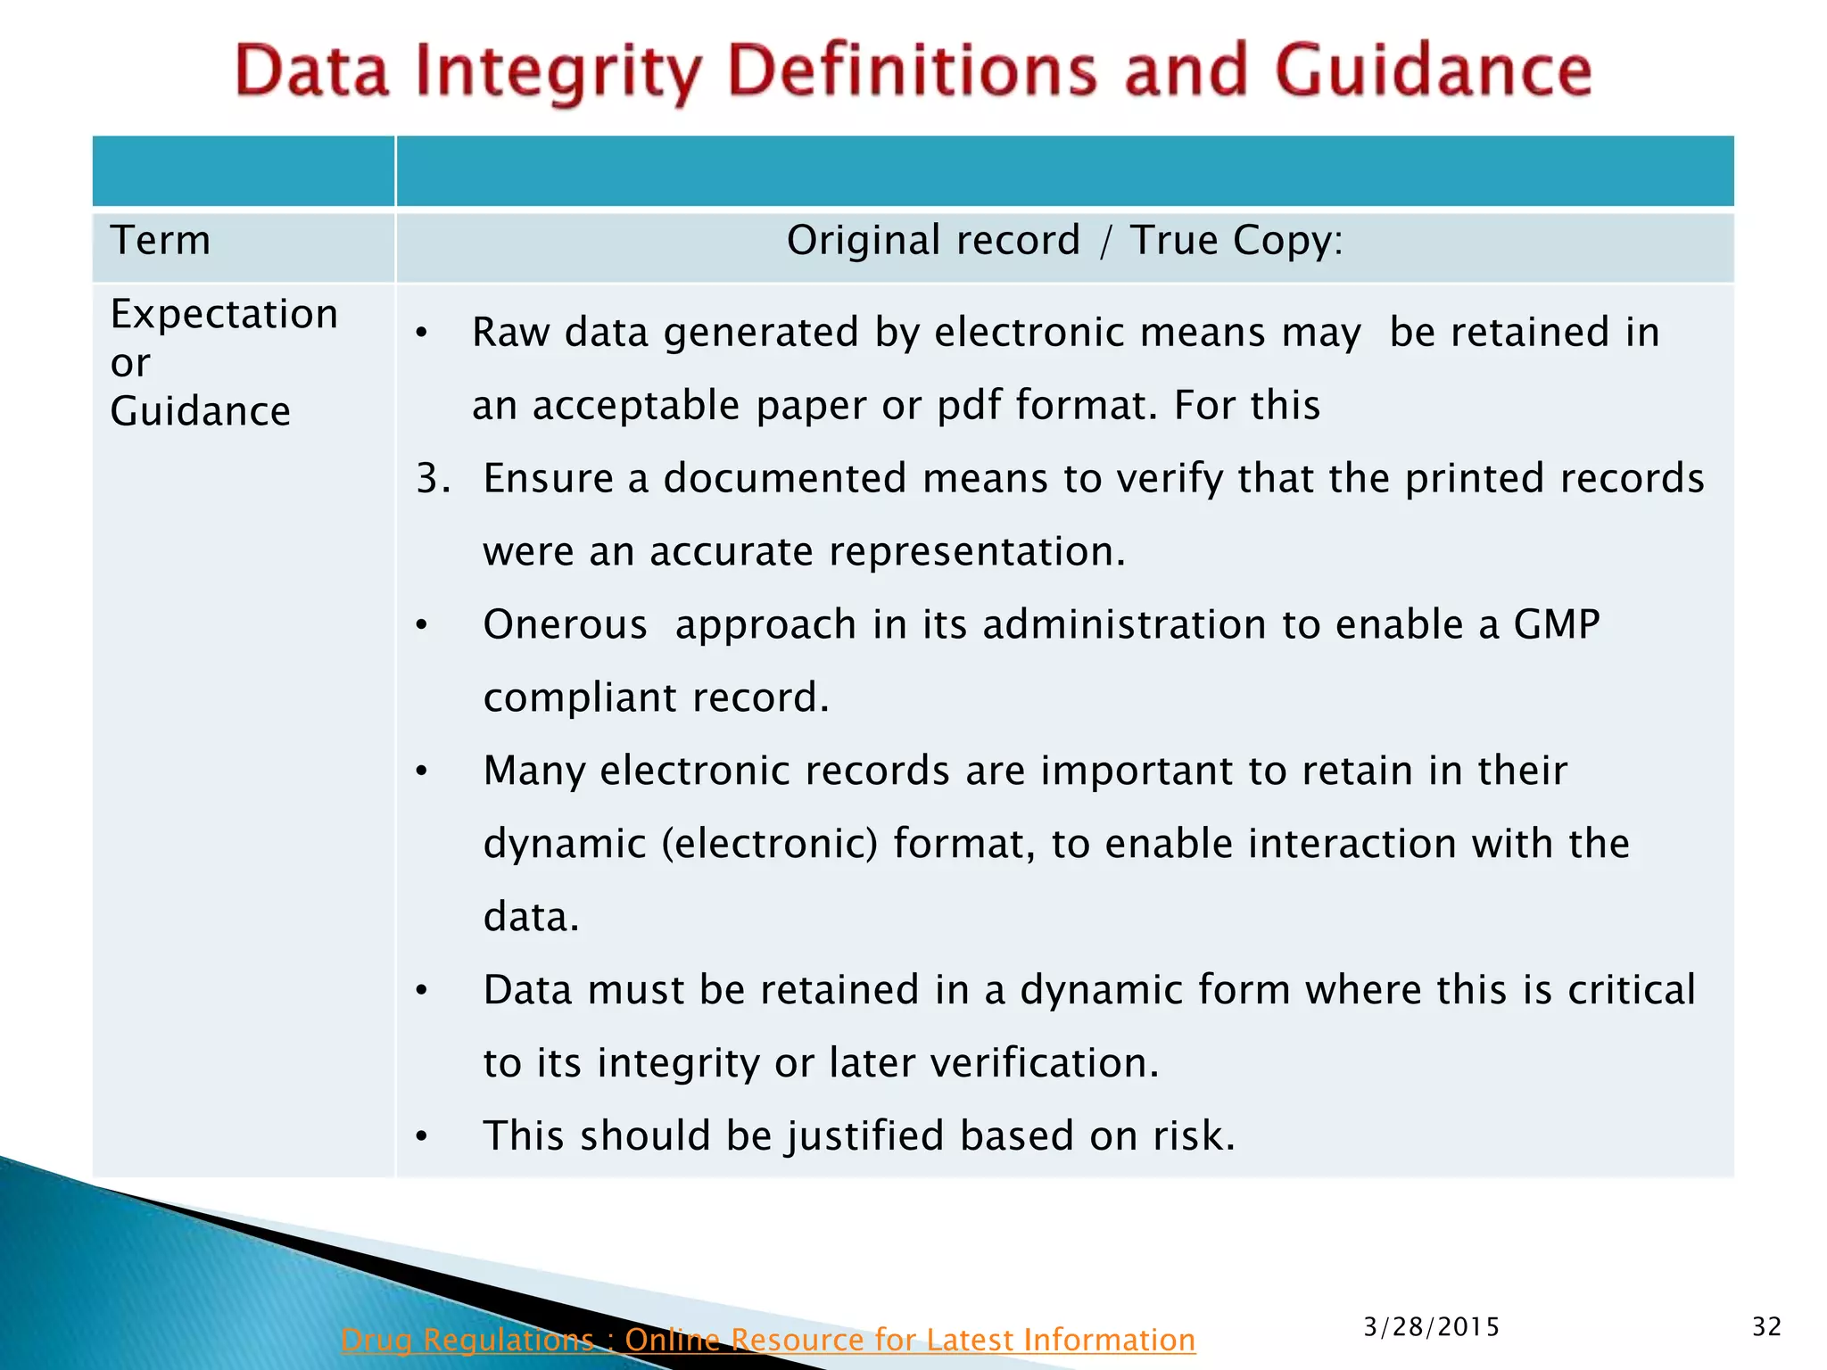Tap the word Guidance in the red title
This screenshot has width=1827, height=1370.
click(x=1434, y=71)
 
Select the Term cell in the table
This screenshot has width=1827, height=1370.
click(x=161, y=241)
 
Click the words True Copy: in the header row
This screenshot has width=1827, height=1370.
click(x=1236, y=241)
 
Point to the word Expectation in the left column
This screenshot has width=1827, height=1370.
click(x=224, y=315)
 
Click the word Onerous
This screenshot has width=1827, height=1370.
click(x=565, y=624)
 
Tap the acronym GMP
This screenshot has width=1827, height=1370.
click(x=1557, y=624)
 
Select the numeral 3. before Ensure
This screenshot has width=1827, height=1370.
click(x=434, y=479)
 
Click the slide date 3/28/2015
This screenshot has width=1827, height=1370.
click(x=1431, y=1327)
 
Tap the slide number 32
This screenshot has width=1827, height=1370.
click(x=1766, y=1327)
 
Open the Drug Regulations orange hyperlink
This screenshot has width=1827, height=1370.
click(x=767, y=1340)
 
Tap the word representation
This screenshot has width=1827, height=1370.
click(x=976, y=552)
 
